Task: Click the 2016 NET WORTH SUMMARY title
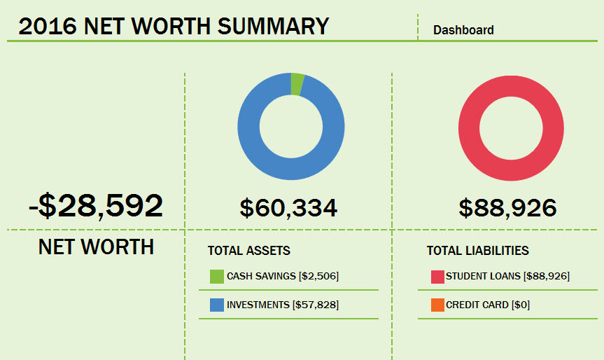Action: point(174,26)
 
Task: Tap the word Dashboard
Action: point(463,30)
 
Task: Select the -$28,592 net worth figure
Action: point(96,205)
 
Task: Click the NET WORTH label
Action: point(96,247)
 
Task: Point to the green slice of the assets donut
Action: point(297,83)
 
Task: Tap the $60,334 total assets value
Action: point(288,207)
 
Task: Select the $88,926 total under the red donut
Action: point(507,207)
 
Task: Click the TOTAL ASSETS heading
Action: point(248,251)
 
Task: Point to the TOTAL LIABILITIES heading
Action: point(477,251)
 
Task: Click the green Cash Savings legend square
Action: point(216,277)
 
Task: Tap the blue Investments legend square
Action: point(216,305)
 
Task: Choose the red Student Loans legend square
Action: point(437,277)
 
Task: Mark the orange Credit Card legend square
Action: point(437,305)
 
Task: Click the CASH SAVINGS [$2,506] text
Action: point(282,277)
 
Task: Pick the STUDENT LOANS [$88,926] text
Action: point(507,277)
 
